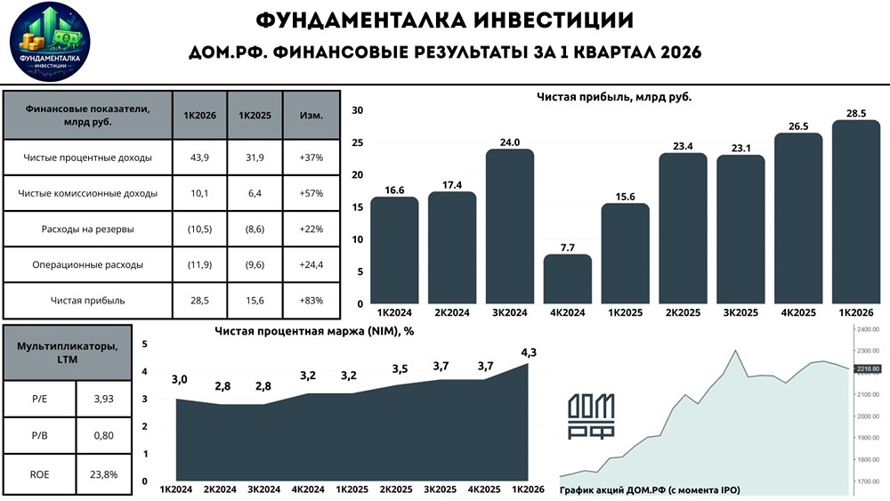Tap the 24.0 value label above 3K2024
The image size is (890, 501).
coord(510,141)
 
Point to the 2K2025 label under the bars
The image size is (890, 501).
coord(683,313)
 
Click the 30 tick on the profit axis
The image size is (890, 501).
coord(358,110)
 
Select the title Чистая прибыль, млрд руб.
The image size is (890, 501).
coord(614,96)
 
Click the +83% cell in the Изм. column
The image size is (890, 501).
coord(311,301)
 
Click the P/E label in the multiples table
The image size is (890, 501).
coord(39,399)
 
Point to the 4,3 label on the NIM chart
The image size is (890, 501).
coord(528,352)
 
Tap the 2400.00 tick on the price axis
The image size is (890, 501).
coord(867,329)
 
